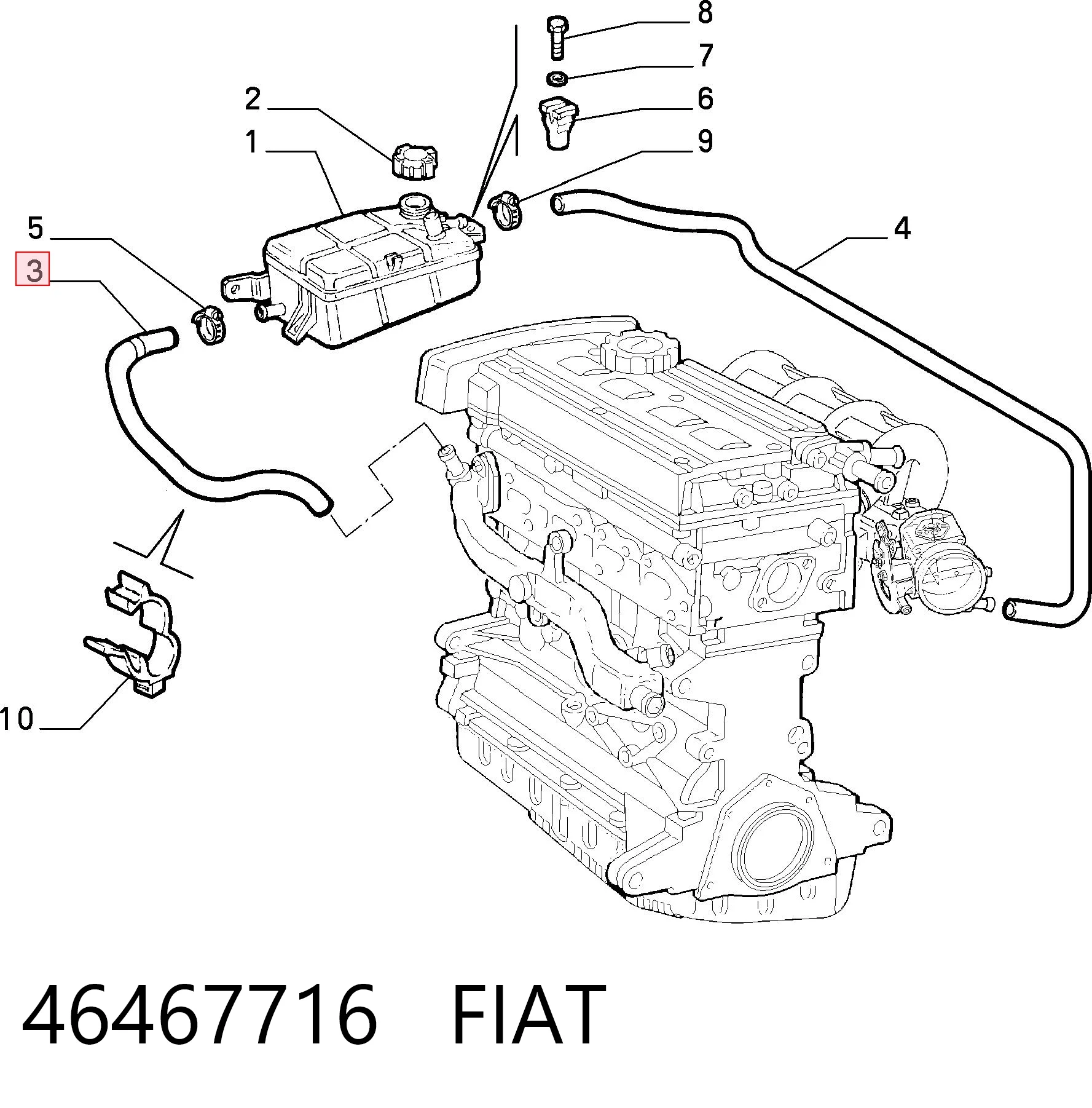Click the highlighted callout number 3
[33, 269]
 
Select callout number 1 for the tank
[251, 141]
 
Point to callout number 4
[901, 228]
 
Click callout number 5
[36, 228]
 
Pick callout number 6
[705, 98]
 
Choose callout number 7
[705, 55]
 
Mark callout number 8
[705, 12]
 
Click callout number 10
[17, 719]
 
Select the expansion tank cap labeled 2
[414, 161]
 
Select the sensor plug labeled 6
[559, 122]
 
